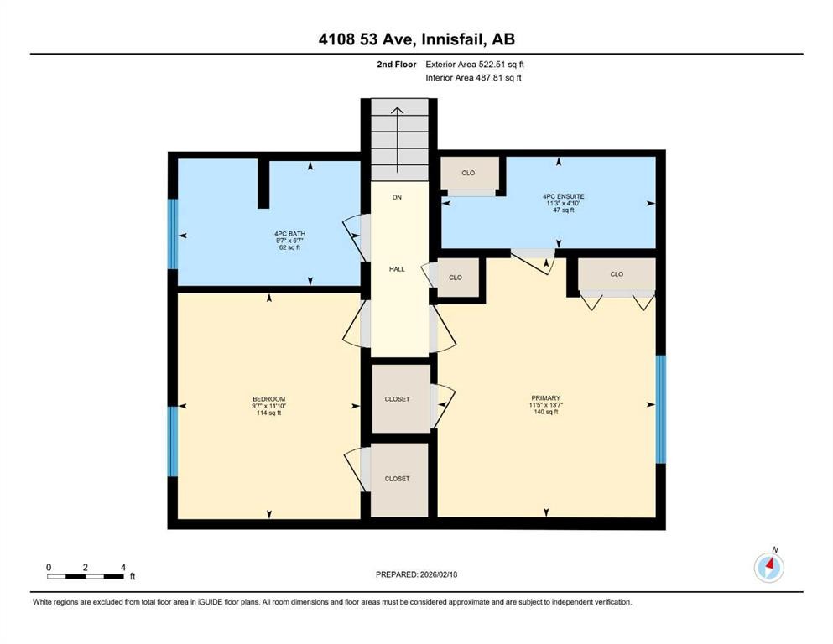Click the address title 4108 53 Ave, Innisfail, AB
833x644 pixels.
[416, 39]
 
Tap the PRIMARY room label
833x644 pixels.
[544, 398]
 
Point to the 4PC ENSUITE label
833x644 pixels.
[557, 196]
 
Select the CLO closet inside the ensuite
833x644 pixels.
[468, 174]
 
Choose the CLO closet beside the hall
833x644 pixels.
[456, 277]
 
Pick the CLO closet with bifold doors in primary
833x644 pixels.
[617, 274]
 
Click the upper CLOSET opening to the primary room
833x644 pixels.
[398, 399]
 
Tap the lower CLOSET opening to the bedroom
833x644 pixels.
[398, 479]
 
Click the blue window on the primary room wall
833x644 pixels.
[660, 409]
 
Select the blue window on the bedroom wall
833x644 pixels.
[173, 440]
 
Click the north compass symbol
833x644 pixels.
[768, 568]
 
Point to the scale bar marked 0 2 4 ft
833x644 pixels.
[86, 575]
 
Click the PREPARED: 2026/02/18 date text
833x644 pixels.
[416, 574]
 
